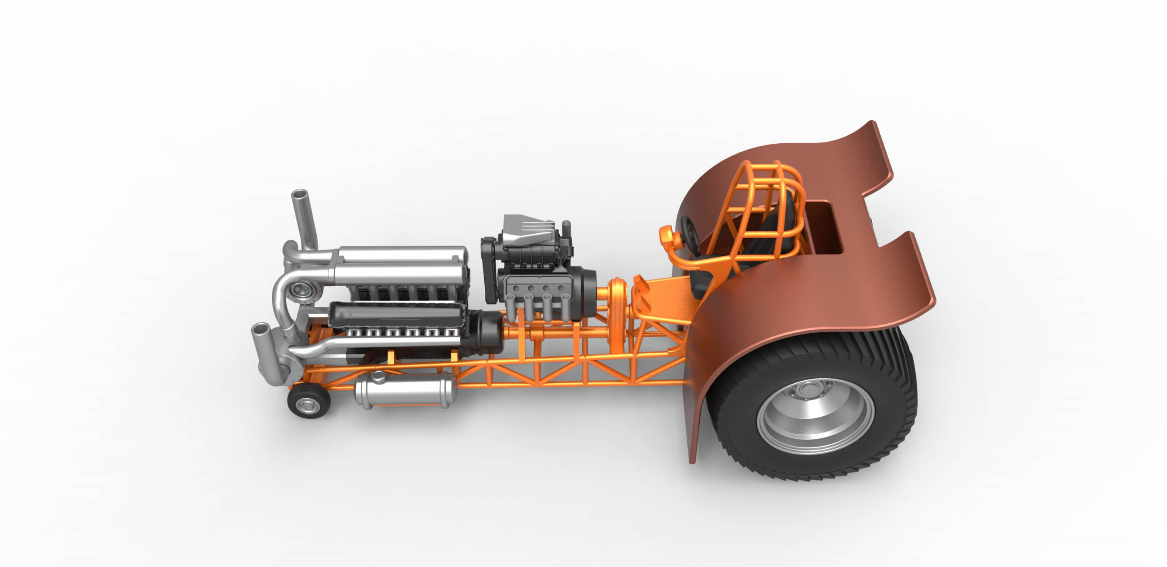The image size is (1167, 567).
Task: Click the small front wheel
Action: click(x=309, y=401)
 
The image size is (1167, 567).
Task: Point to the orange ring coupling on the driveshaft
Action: click(x=616, y=312)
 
